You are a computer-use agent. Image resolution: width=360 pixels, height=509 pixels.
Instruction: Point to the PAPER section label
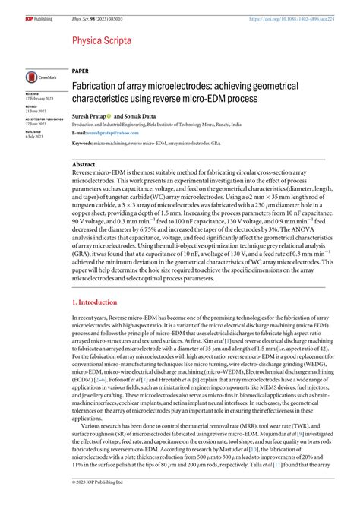[x=80, y=69]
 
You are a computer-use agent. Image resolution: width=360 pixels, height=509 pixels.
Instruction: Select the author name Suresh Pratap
[x=90, y=117]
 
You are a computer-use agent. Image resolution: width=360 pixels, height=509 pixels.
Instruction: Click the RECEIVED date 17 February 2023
[x=38, y=98]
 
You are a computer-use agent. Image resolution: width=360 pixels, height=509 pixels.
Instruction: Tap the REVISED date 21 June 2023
[x=34, y=111]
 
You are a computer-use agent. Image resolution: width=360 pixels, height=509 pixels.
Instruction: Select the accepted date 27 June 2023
[x=34, y=124]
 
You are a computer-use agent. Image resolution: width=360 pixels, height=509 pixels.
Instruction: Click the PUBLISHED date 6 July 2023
[x=33, y=137]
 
